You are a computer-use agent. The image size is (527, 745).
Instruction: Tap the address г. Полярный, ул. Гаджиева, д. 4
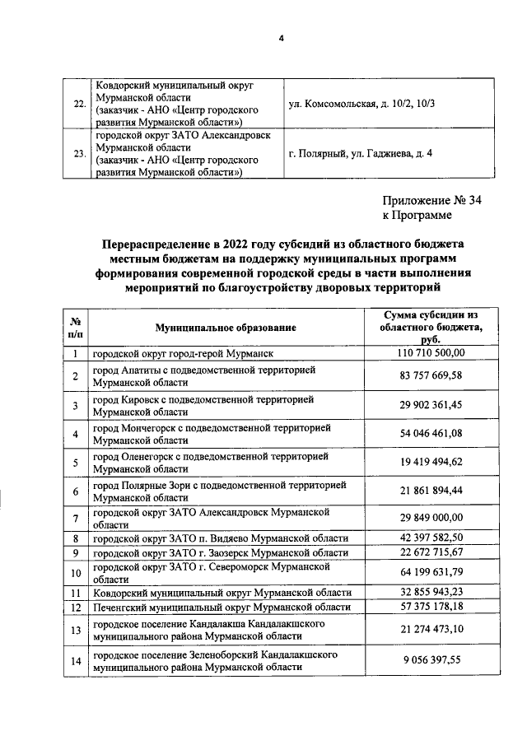tap(361, 153)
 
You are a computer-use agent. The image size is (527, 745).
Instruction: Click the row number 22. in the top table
tap(79, 105)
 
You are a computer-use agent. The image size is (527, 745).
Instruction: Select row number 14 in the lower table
tap(75, 659)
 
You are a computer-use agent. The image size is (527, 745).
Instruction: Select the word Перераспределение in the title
tap(156, 244)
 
